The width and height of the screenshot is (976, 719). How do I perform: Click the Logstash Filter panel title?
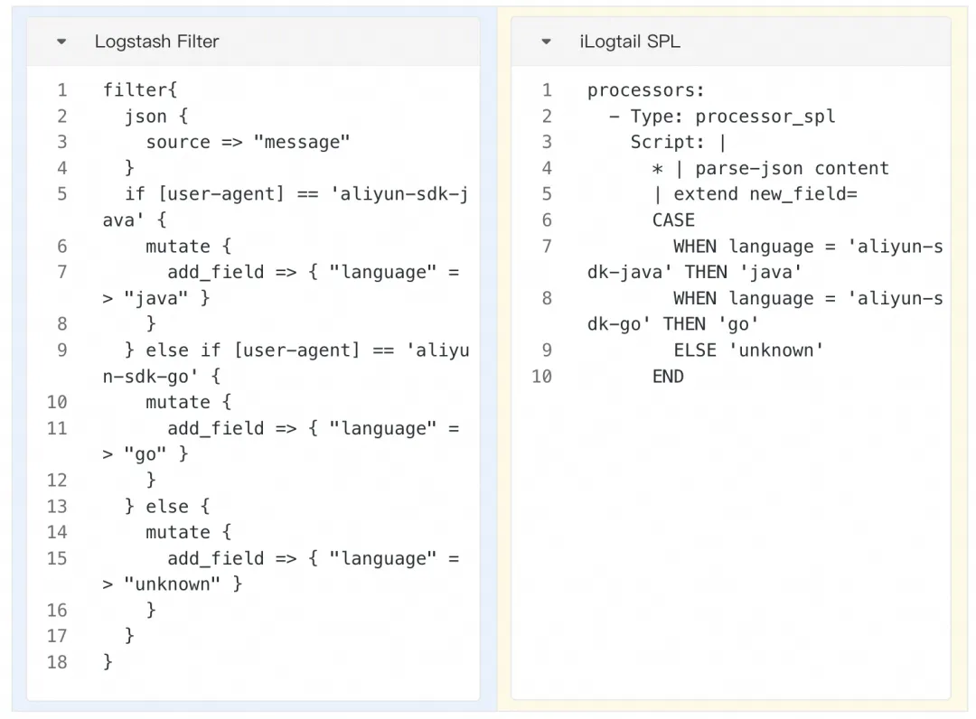[156, 42]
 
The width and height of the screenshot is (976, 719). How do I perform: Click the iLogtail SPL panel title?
[630, 42]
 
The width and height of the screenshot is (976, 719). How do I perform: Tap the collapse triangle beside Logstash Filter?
[61, 42]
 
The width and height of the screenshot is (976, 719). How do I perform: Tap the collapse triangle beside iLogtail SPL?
[546, 42]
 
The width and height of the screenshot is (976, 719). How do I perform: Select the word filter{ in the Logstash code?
[140, 89]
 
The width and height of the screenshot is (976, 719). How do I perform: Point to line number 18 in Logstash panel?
[57, 662]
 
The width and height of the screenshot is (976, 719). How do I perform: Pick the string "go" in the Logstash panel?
[145, 453]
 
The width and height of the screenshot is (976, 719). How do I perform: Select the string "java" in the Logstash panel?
[156, 297]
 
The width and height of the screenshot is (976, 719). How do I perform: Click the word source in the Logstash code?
[178, 142]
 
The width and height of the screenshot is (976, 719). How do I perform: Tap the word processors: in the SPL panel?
[645, 89]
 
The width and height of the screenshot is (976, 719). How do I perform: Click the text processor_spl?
[765, 116]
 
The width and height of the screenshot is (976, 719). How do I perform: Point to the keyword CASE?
[673, 219]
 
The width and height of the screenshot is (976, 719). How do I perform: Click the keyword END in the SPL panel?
[668, 376]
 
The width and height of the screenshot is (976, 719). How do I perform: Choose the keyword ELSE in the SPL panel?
[695, 350]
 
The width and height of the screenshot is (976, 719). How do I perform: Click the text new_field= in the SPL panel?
[803, 193]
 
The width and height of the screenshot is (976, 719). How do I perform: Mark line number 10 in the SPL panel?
[541, 376]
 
